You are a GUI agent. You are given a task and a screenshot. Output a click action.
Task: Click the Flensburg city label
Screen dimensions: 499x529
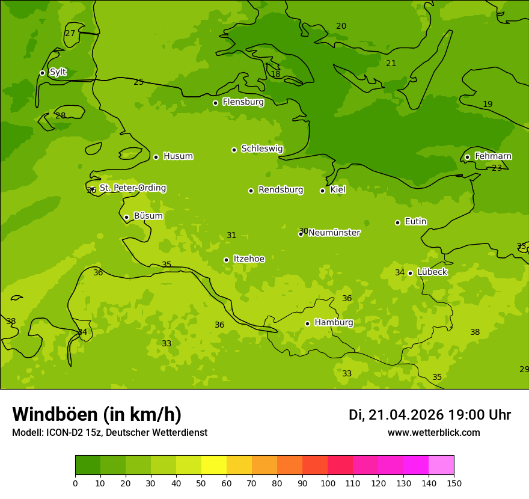[x=243, y=102]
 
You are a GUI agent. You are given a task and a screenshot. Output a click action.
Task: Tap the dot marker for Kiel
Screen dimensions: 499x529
[x=322, y=191]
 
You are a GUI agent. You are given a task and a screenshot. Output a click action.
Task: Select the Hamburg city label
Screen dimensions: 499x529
[x=334, y=323]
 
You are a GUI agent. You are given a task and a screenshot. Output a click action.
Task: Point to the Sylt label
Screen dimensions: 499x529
[x=58, y=72]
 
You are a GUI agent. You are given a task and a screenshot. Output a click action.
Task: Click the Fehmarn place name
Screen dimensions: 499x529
[x=493, y=156]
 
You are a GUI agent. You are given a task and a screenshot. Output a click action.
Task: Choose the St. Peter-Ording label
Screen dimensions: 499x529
[x=132, y=188]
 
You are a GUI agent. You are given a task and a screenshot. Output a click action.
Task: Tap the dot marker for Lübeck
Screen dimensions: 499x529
[x=410, y=273]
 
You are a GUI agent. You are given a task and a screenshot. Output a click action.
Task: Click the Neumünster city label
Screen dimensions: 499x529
[x=334, y=233]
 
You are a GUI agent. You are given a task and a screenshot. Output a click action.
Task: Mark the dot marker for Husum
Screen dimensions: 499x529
[x=156, y=157]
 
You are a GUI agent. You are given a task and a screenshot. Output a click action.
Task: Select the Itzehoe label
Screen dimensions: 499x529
[x=249, y=259]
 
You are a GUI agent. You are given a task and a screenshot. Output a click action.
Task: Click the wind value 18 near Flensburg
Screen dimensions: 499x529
[x=275, y=74]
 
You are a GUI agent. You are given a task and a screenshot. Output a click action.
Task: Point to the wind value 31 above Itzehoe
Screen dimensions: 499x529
[x=231, y=236]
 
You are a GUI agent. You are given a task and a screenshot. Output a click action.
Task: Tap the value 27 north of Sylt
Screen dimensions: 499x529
[x=70, y=33]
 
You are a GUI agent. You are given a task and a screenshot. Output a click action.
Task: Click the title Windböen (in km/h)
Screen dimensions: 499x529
[x=97, y=414]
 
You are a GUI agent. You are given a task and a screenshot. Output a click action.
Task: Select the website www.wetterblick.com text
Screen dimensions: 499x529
[x=433, y=432]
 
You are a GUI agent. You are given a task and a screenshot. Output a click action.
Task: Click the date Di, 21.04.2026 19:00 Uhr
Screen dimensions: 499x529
[x=429, y=415]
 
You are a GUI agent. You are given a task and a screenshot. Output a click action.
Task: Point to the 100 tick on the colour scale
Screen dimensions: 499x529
[x=328, y=483]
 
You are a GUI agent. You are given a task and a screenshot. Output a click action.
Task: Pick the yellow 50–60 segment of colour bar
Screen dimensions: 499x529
[x=214, y=465]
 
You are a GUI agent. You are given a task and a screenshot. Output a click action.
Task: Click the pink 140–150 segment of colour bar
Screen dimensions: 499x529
[x=441, y=465]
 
